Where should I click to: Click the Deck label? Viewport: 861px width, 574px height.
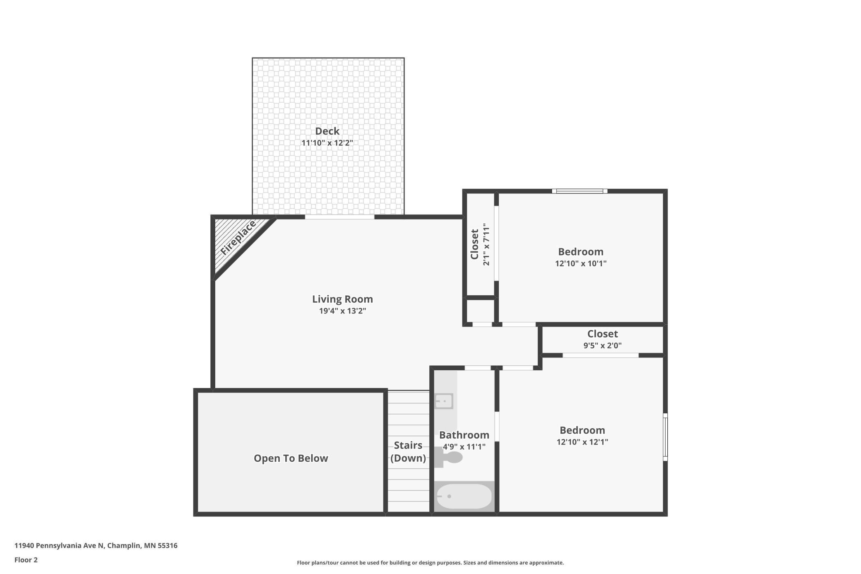coord(327,131)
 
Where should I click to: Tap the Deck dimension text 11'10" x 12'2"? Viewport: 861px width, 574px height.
coord(327,143)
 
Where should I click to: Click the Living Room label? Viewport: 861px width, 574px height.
coord(342,299)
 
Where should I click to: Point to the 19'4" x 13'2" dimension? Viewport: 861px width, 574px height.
coord(342,311)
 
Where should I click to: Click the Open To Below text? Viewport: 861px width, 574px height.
coord(291,458)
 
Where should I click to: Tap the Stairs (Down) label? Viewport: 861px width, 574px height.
coord(408,451)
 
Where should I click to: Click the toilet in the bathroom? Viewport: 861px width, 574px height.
coord(450,458)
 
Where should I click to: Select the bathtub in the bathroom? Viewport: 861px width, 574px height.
coord(464,496)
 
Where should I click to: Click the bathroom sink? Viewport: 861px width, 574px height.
coord(444,401)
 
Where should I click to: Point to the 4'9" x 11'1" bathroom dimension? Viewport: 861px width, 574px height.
coord(464,446)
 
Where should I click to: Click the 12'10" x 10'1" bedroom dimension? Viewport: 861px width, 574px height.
coord(581,263)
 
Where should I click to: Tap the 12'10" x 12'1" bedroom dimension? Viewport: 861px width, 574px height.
coord(582,442)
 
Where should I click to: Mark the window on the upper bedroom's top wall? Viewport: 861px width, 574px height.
coord(580,191)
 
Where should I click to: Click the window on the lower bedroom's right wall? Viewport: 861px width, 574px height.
coord(665,437)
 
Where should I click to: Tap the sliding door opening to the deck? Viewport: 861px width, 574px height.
coord(339,217)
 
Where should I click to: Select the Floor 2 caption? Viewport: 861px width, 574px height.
coord(26,560)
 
